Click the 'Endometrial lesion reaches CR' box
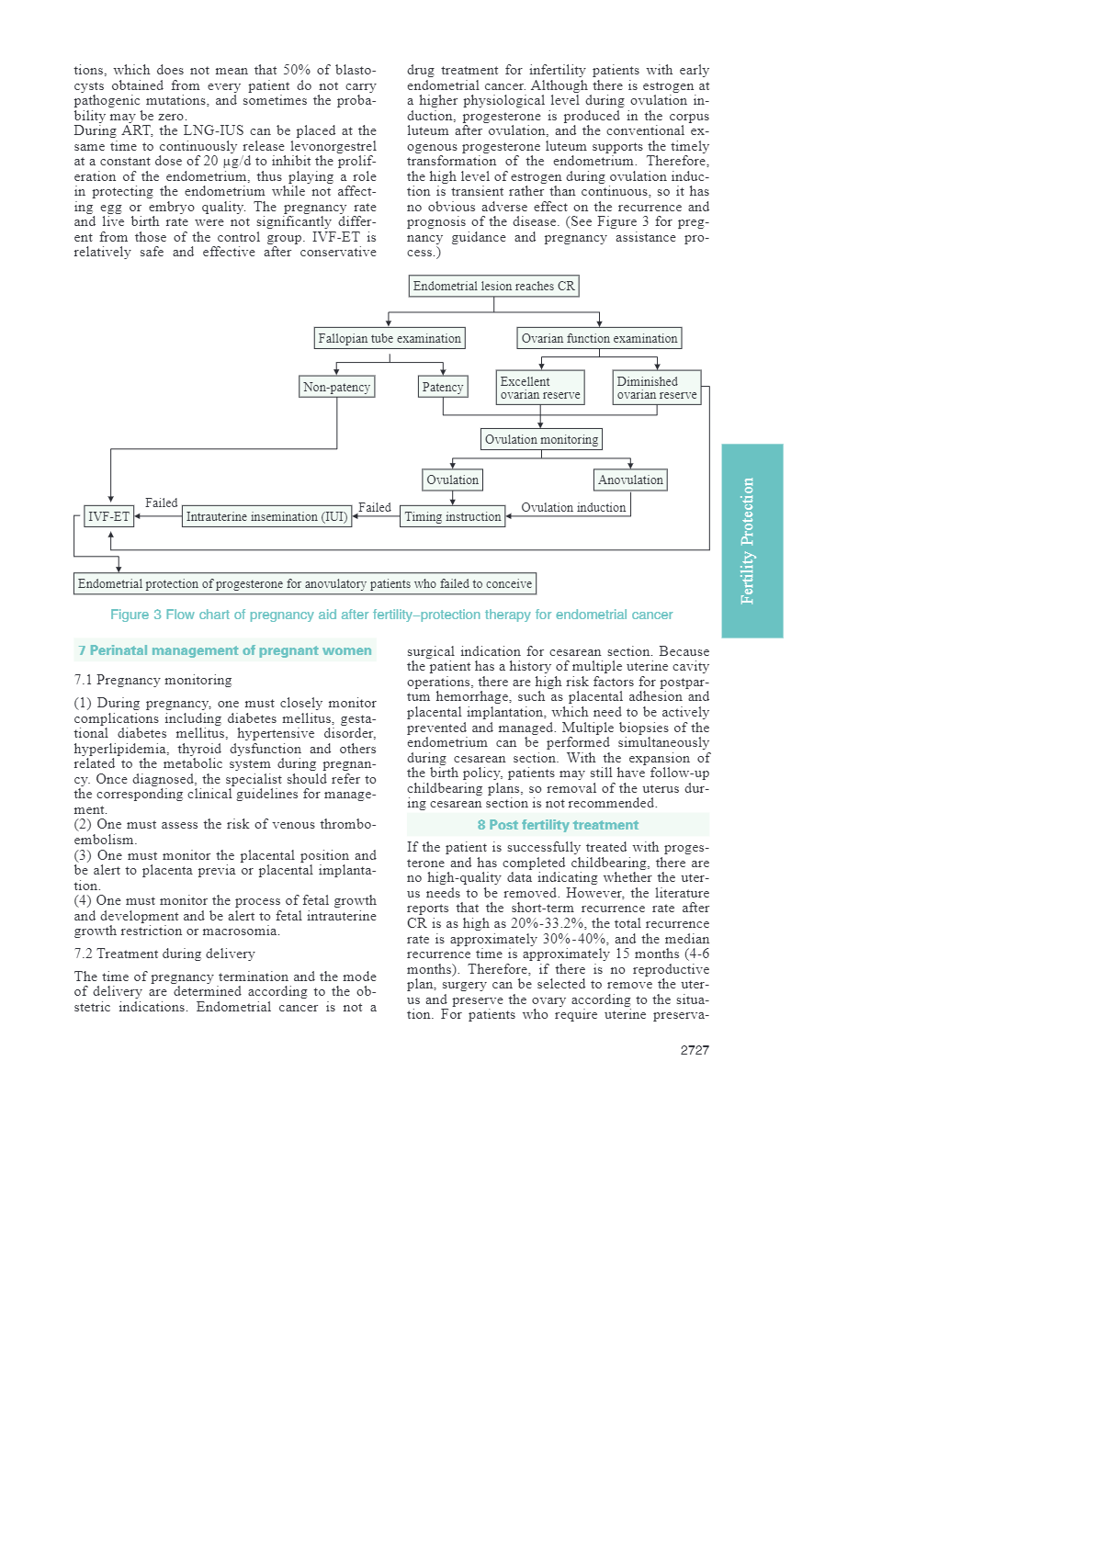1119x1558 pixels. (x=493, y=286)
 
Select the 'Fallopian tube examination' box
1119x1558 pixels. (x=389, y=338)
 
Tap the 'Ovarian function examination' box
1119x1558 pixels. (x=599, y=338)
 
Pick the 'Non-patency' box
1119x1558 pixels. (x=336, y=387)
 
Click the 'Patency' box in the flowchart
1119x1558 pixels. (x=443, y=387)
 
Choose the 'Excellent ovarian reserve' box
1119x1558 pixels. (x=540, y=388)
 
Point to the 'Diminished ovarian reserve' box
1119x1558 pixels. (x=657, y=388)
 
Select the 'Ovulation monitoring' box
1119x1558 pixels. (x=541, y=439)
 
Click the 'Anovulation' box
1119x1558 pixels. (x=630, y=480)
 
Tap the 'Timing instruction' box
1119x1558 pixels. (x=453, y=516)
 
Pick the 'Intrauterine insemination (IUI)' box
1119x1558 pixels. (x=266, y=516)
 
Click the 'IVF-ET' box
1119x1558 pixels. (x=108, y=516)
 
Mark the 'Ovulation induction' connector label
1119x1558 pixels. (x=573, y=507)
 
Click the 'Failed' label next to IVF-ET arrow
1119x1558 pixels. (x=161, y=502)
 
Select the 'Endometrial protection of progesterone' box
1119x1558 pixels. (x=304, y=583)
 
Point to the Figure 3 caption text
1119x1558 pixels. (x=391, y=615)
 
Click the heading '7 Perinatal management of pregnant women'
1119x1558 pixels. (x=225, y=650)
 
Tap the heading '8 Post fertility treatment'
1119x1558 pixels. (x=558, y=825)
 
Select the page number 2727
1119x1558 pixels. (x=695, y=1050)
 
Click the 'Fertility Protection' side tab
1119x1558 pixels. (x=752, y=540)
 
